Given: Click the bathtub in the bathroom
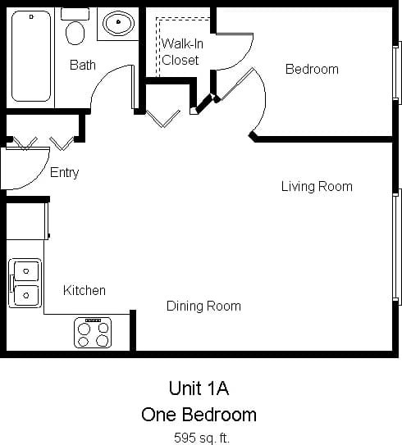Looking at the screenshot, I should (32, 56).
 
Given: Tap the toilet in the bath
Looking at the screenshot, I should (75, 29).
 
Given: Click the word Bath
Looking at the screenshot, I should (82, 65).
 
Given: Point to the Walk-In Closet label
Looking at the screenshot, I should (181, 51).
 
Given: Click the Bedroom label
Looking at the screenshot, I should (312, 69).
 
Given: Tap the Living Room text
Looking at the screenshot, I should (317, 186).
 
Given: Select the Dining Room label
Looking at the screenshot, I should (203, 306).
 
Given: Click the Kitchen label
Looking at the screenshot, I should (85, 290).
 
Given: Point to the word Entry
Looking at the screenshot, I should (65, 172).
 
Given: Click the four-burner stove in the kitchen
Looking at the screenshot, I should (93, 333).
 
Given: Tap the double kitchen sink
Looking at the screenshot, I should (25, 283).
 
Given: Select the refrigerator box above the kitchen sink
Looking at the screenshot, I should (26, 220).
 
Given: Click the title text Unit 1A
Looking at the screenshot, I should (199, 388).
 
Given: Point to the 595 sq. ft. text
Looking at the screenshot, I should (201, 437).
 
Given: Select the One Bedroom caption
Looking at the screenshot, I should (199, 414).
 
